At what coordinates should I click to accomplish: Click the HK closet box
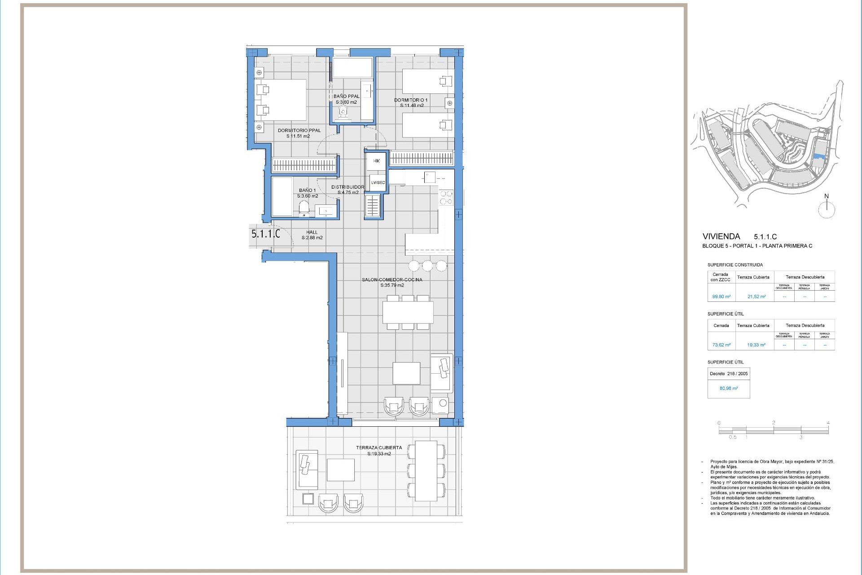(x=376, y=161)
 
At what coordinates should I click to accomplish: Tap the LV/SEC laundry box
(x=378, y=182)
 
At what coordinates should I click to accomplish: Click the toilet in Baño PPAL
(x=343, y=112)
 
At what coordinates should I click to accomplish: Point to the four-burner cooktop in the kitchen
(x=446, y=198)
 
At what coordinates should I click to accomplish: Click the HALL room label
(x=312, y=232)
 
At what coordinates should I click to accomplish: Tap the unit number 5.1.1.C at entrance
(x=265, y=234)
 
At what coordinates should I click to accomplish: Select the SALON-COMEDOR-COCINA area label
(x=392, y=279)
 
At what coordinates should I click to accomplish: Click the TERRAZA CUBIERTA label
(x=378, y=447)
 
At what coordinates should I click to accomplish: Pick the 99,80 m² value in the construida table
(x=721, y=296)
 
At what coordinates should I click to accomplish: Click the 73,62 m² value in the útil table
(x=721, y=345)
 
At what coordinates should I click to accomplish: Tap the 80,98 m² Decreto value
(x=728, y=388)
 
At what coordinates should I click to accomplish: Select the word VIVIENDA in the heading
(x=721, y=236)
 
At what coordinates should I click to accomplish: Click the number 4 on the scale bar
(x=828, y=423)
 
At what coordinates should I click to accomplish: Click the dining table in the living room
(x=408, y=312)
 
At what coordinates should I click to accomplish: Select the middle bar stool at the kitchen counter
(x=427, y=265)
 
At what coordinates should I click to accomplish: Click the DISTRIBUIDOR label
(x=347, y=187)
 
